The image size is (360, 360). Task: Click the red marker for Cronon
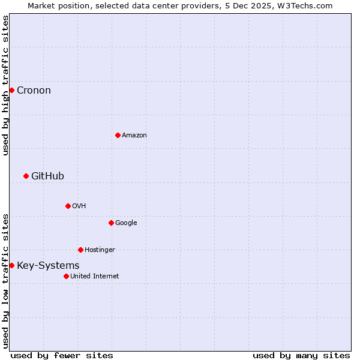pos(11,90)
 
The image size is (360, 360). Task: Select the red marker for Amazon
pos(118,135)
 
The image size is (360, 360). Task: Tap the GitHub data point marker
pos(26,176)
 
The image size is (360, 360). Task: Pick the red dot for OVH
pos(68,206)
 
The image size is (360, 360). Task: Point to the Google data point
pos(111,223)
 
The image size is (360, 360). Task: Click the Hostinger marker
pos(80,250)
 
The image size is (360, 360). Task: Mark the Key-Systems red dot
pos(11,265)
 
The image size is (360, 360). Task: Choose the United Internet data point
pos(66,276)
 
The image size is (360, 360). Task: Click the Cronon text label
pos(34,91)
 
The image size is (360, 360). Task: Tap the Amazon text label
pos(134,136)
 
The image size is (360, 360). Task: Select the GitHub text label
pos(47,176)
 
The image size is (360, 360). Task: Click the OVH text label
pos(79,206)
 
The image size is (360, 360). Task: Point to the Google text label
pos(126,223)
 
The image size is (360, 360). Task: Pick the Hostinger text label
pos(100,250)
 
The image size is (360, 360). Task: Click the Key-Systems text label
pos(48,266)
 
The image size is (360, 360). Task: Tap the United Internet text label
pos(95,277)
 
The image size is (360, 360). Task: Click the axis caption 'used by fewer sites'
pos(62,356)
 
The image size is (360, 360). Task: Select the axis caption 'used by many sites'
pos(301,356)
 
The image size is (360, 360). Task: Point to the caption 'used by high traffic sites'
pos(5,85)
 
